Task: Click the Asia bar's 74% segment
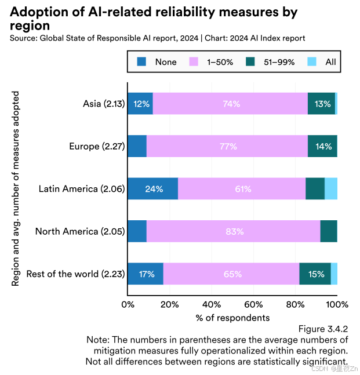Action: pos(231,104)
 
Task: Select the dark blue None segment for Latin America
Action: pos(152,189)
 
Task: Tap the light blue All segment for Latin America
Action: pos(331,189)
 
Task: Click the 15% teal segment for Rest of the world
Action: pos(315,274)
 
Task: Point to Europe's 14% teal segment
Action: pos(322,146)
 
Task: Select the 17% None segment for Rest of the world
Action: pos(146,274)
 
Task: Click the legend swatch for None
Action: pos(142,61)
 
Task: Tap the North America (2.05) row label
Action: pos(80,231)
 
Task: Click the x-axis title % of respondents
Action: pos(232,318)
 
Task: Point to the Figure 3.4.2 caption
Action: pos(323,329)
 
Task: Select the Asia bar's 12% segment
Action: pos(140,104)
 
